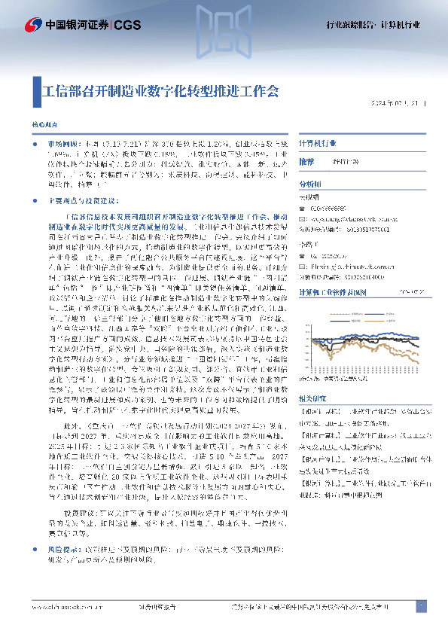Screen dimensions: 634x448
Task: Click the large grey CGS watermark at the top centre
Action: click(x=224, y=26)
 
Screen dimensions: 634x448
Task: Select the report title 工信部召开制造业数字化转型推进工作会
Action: click(x=160, y=91)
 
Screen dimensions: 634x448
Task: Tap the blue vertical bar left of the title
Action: click(x=35, y=91)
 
